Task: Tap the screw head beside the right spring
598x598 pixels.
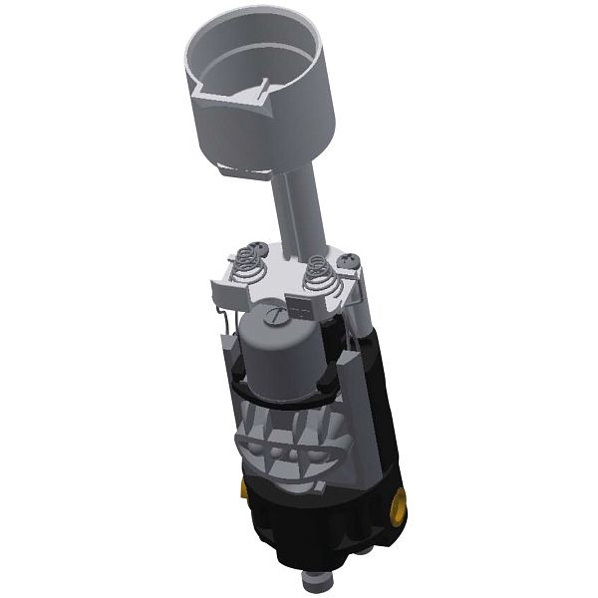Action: (x=348, y=260)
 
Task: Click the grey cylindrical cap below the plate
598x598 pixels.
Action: (x=281, y=349)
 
